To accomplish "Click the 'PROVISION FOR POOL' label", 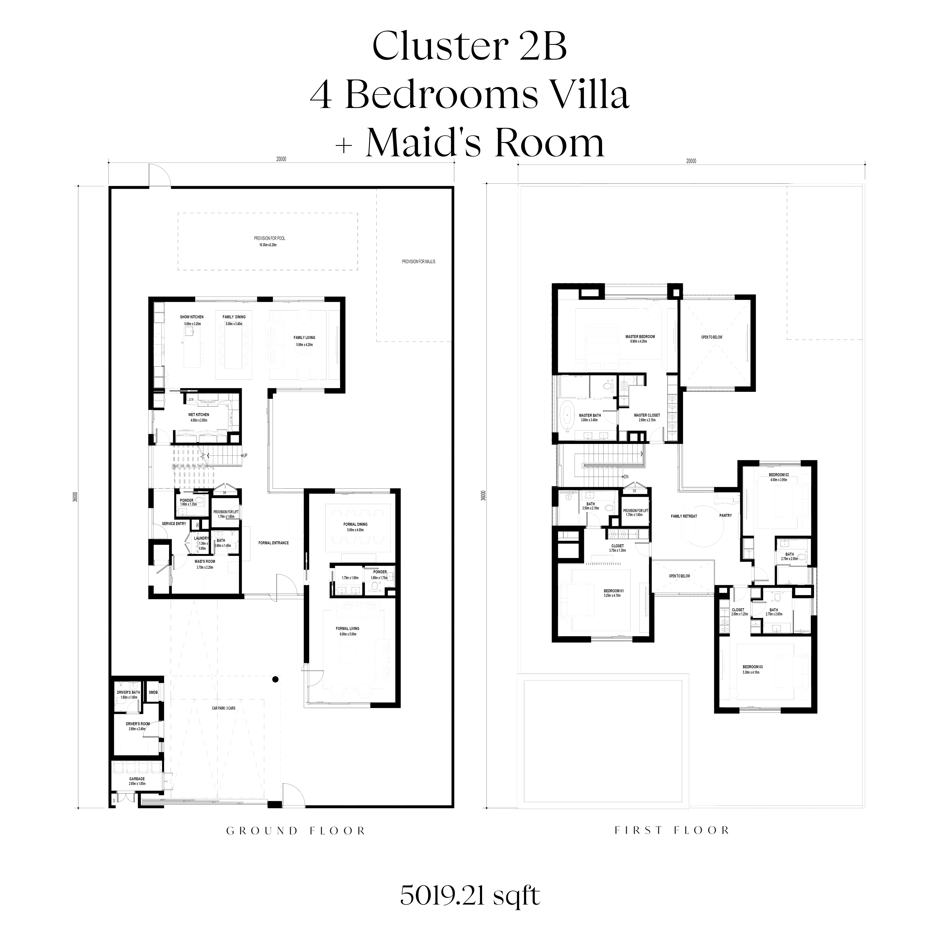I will tap(269, 238).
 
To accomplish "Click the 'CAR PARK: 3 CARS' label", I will tap(223, 708).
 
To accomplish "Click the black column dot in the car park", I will tap(275, 680).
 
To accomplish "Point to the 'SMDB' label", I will tap(153, 692).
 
